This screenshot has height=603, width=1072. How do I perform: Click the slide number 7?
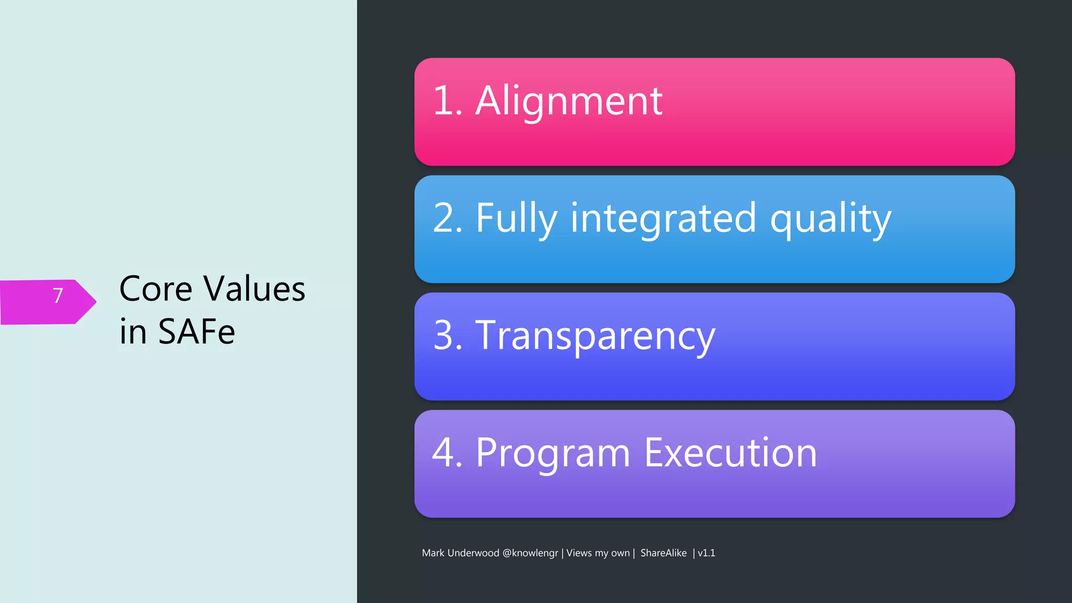(x=58, y=296)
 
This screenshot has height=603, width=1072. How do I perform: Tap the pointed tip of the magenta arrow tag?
(x=95, y=301)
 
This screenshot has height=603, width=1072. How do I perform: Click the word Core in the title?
(x=155, y=289)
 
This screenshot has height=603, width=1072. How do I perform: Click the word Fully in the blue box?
(x=516, y=219)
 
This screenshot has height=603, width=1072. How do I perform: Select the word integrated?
(x=663, y=219)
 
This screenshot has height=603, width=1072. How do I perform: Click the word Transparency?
(x=595, y=336)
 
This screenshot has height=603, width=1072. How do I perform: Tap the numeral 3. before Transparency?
(x=448, y=336)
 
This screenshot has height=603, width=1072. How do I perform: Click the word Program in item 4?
(x=553, y=453)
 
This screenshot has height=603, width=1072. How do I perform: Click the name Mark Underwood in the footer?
(x=460, y=553)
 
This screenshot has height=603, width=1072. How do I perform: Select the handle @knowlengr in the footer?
(x=530, y=553)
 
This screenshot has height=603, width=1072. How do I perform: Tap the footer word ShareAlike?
(x=663, y=553)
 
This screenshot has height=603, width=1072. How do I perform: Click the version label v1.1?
(x=706, y=553)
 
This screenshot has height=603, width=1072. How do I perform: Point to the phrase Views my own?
(x=598, y=553)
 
